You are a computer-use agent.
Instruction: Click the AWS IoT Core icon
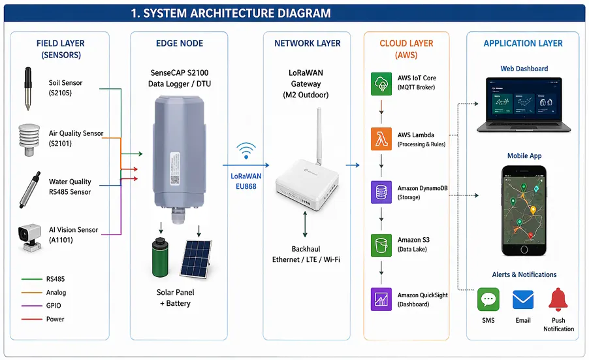pyautogui.click(x=381, y=83)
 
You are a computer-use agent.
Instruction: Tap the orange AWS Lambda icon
pyautogui.click(x=381, y=139)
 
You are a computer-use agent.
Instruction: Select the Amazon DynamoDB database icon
pyautogui.click(x=381, y=193)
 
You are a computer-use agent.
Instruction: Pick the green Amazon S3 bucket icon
pyautogui.click(x=381, y=245)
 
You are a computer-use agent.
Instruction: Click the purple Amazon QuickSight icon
pyautogui.click(x=381, y=299)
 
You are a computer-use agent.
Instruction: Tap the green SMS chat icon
pyautogui.click(x=488, y=300)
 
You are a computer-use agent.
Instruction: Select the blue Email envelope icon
pyautogui.click(x=522, y=300)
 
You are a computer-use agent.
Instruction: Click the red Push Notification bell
pyautogui.click(x=558, y=300)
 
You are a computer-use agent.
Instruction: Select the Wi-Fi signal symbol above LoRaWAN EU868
pyautogui.click(x=246, y=151)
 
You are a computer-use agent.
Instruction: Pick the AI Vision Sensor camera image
pyautogui.click(x=28, y=237)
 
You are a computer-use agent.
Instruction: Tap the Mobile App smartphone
pyautogui.click(x=524, y=210)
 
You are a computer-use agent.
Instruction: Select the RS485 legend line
pyautogui.click(x=31, y=279)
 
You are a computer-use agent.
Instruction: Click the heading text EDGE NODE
pyautogui.click(x=180, y=43)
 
